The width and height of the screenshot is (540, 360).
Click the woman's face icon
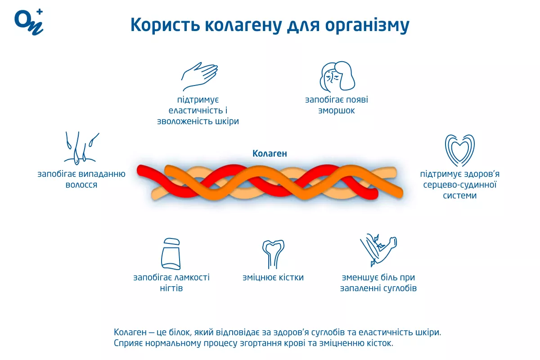point(337,76)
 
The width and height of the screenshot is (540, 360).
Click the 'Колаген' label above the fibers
point(270,154)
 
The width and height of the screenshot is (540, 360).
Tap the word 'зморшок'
point(337,111)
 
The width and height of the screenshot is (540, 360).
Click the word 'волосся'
point(81,185)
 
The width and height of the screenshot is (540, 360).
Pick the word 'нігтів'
point(171,288)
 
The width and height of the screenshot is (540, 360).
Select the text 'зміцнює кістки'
point(273,278)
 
